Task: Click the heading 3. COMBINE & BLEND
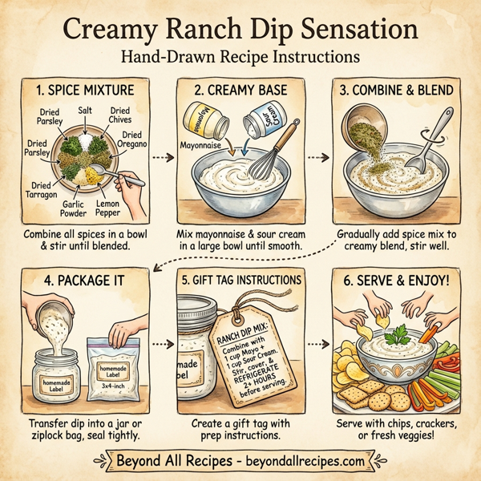tap(398, 89)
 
